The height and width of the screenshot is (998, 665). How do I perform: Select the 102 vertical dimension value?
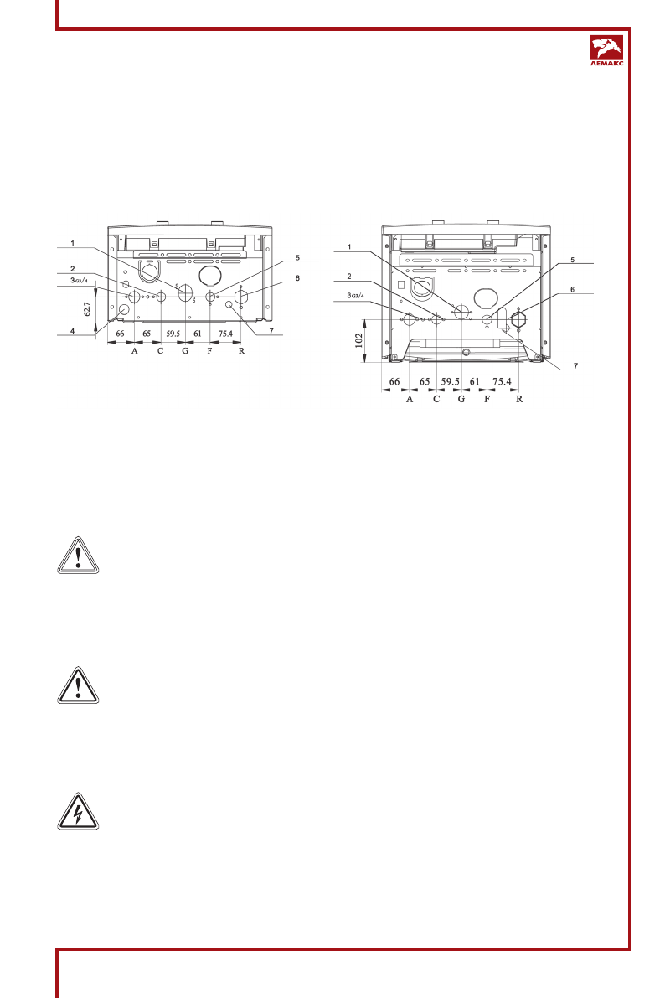coord(358,341)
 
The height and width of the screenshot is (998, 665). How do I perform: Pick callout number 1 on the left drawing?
coord(73,243)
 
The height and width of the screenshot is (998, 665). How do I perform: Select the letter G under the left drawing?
coord(184,351)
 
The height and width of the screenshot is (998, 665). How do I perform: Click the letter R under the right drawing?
coord(519,399)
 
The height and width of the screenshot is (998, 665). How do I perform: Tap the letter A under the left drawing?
coord(134,351)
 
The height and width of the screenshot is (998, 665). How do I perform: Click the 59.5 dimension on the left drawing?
coord(173,334)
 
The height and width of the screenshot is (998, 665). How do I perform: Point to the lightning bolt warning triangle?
coord(78,810)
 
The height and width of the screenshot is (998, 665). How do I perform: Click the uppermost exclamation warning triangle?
coord(78,554)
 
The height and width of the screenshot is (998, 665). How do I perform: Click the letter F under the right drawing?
coord(487,399)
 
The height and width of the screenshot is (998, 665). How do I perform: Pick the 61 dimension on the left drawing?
coord(198,334)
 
